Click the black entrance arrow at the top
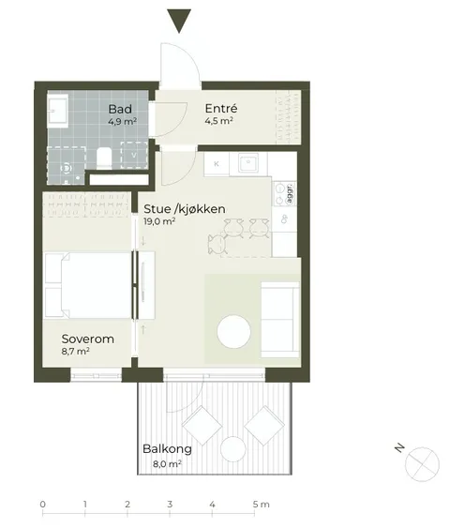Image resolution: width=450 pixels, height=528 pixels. tap(179, 20)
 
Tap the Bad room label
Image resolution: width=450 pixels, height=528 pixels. tap(120, 109)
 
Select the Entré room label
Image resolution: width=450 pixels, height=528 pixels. tap(221, 109)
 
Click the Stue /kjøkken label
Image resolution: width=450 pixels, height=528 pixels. tap(185, 209)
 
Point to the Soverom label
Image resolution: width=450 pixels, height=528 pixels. tap(88, 339)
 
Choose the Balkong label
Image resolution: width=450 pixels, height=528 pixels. tap(167, 449)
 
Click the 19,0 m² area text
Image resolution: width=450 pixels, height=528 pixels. tap(159, 221)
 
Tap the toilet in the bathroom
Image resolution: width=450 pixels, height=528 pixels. tap(104, 158)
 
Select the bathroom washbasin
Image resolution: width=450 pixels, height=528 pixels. tap(57, 109)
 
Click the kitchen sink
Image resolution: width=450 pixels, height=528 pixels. tap(248, 163)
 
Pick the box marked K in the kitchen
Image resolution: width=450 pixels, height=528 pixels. tap(217, 164)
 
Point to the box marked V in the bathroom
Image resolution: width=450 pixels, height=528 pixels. tap(134, 156)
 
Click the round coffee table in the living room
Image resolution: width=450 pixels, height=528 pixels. tap(234, 331)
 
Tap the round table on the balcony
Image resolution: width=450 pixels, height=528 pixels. tap(232, 450)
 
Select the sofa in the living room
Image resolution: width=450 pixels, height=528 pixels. tap(280, 320)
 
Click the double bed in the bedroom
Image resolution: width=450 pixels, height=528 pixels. tap(88, 285)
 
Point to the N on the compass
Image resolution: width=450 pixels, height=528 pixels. tap(399, 448)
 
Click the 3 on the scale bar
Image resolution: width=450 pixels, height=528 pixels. tap(170, 505)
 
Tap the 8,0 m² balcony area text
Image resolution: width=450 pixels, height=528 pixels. tap(168, 464)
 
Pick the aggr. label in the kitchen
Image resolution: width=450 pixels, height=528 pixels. tap(290, 193)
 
